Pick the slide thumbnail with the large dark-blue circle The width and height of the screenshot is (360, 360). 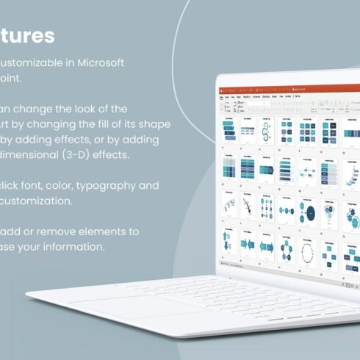(x=312, y=214)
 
